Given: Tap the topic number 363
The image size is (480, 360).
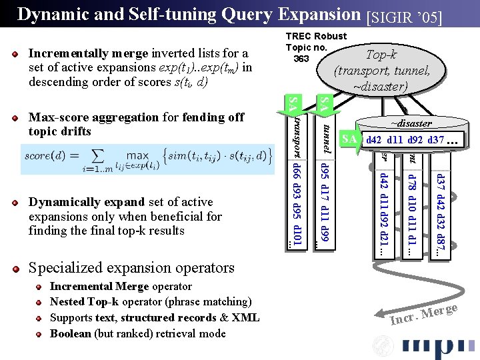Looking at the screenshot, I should (301, 59).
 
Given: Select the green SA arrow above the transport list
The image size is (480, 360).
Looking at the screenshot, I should (292, 103).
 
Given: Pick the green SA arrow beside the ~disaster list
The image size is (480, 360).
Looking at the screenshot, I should (349, 139).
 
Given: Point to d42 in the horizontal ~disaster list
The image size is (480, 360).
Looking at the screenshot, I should (373, 140).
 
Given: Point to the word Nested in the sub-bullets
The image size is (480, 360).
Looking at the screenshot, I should (67, 302).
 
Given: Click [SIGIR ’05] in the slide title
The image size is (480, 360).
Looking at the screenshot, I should (404, 15).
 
